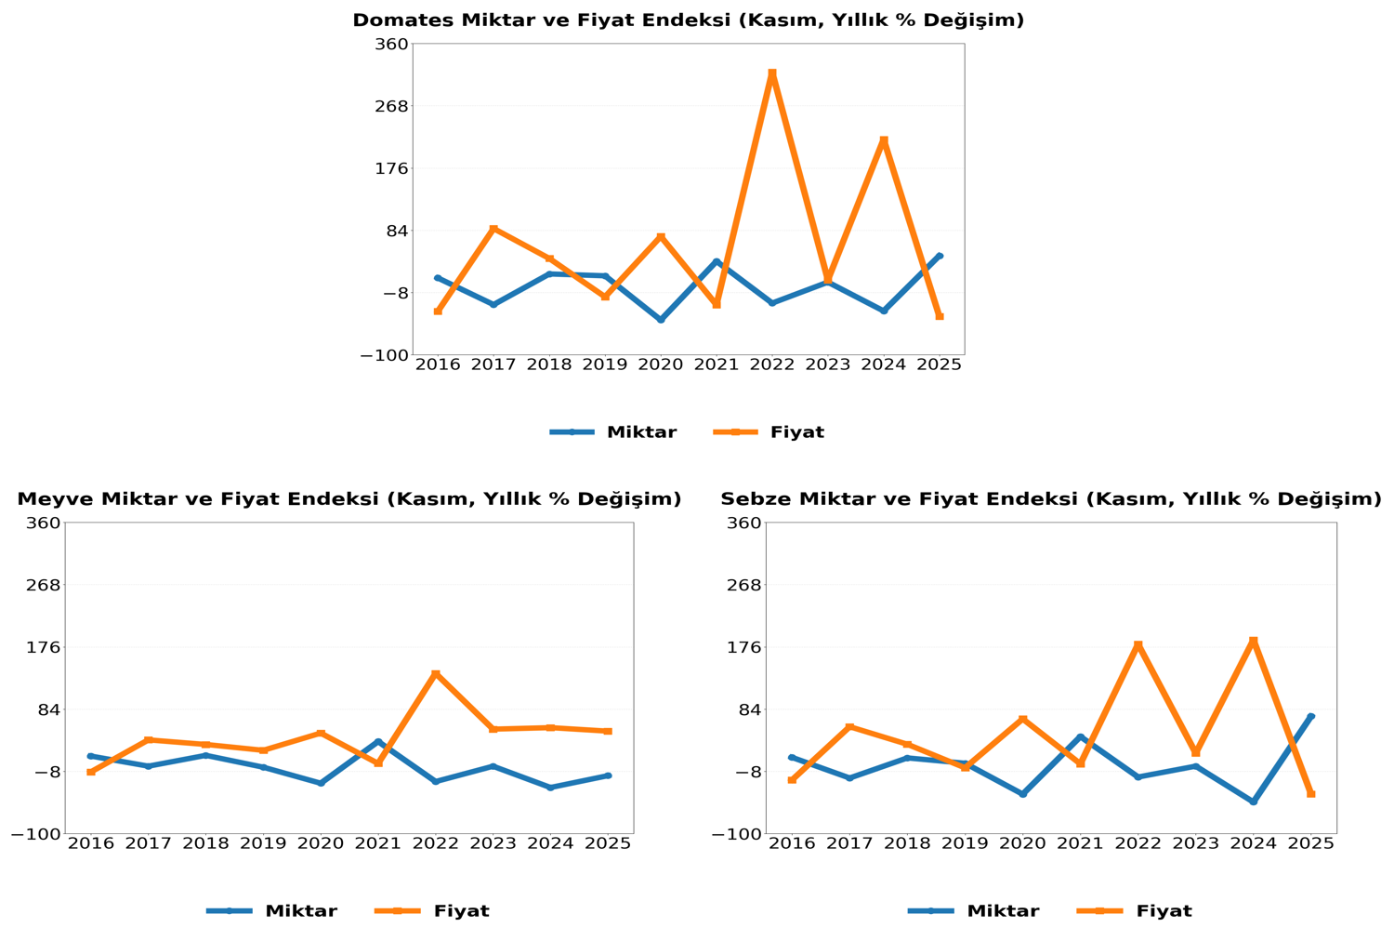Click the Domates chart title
(x=688, y=20)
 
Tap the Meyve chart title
(x=348, y=499)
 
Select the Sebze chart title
(x=1051, y=499)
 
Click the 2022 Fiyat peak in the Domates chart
(x=772, y=73)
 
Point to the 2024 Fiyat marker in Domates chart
(x=884, y=141)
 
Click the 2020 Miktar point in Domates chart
(x=661, y=319)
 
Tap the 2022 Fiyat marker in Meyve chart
(x=435, y=674)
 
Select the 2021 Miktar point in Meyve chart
(x=378, y=741)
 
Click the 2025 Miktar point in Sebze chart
(x=1311, y=717)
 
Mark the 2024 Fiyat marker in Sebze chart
(x=1253, y=641)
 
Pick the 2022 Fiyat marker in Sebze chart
(x=1138, y=645)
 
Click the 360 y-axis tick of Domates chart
(x=391, y=44)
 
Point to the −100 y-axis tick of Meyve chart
(x=35, y=834)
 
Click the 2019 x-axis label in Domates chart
(x=605, y=364)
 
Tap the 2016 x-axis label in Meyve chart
(x=90, y=843)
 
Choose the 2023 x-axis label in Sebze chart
(x=1195, y=843)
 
